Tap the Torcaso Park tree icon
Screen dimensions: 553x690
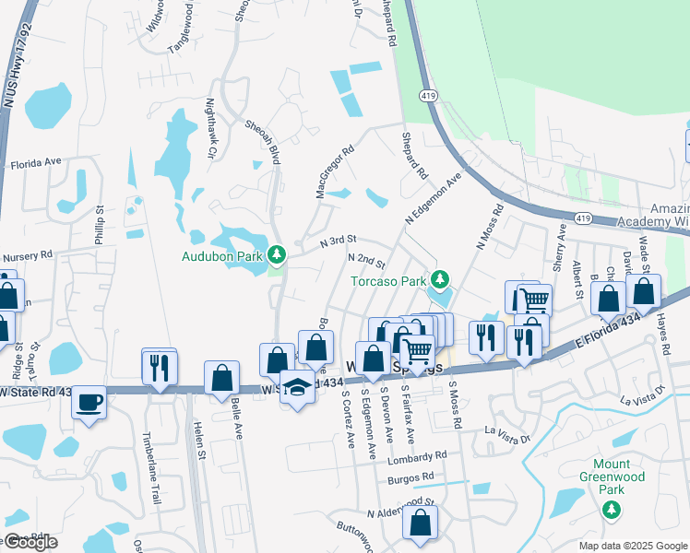tap(441, 279)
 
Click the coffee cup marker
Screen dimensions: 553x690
tap(89, 403)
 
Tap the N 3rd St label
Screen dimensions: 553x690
tap(338, 241)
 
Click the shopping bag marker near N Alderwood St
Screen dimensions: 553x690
tap(421, 523)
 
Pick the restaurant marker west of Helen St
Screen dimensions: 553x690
tap(160, 368)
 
